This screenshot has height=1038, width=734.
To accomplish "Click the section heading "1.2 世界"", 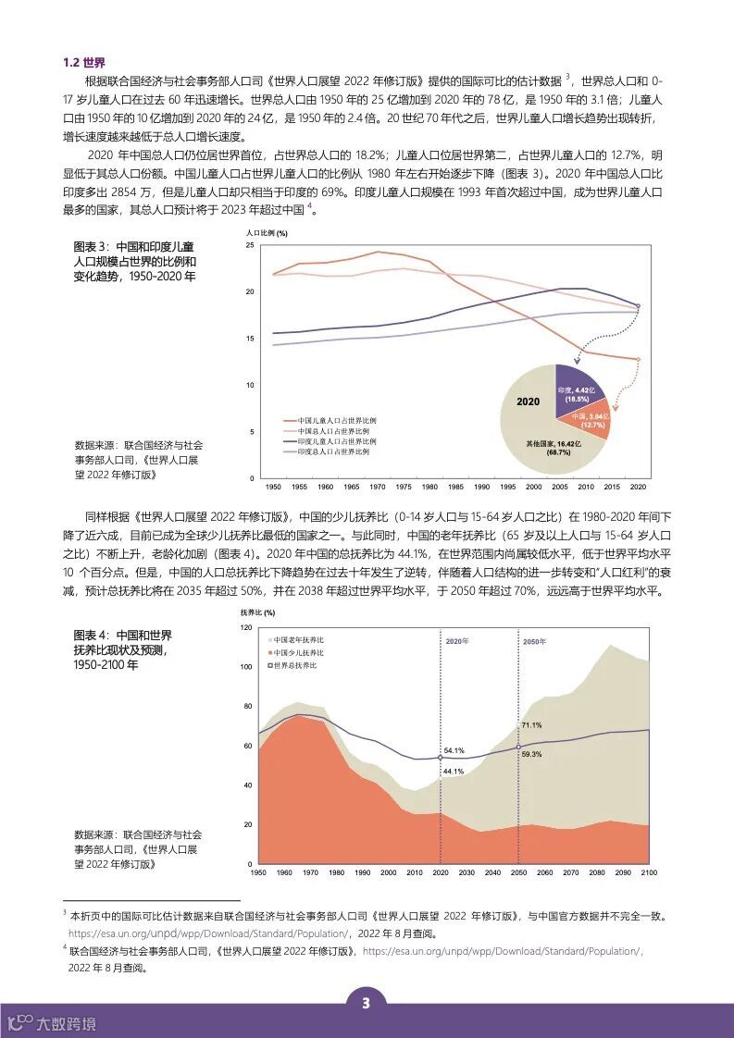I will tap(84, 63).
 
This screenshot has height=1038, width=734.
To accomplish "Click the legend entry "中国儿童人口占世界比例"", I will tap(331, 421).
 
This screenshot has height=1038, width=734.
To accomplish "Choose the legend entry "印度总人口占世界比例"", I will tap(331, 452).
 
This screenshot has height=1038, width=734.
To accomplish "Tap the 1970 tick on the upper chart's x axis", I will tap(378, 487).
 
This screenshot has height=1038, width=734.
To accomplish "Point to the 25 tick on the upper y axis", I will tap(249, 245).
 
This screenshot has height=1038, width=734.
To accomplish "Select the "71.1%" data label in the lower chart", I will tap(531, 725).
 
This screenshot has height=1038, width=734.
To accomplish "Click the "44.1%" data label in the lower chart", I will tap(453, 772).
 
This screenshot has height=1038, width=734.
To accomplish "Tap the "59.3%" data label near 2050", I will tap(531, 755).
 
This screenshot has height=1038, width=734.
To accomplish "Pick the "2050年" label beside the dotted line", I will tap(534, 641).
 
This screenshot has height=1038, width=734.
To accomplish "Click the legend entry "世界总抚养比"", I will tap(294, 665).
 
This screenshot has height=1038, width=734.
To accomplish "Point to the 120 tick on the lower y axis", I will tap(245, 627).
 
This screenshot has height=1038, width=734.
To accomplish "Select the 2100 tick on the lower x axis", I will tap(648, 873).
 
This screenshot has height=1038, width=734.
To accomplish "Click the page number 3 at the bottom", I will tap(367, 1005).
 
